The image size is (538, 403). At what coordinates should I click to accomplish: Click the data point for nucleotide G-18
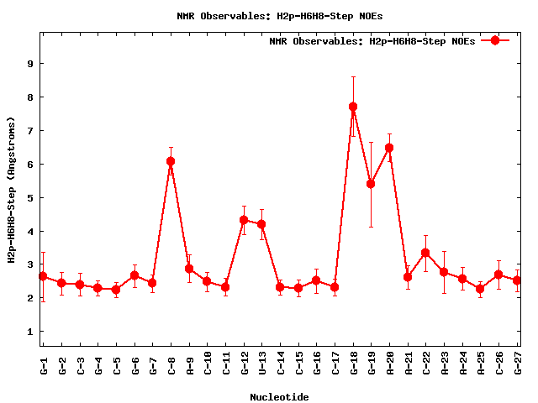point(353,107)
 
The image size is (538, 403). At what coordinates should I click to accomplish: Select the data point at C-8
point(171,161)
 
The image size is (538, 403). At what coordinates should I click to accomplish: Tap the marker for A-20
point(389,148)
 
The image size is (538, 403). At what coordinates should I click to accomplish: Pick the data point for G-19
point(371,184)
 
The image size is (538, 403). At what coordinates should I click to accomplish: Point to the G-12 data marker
point(244,220)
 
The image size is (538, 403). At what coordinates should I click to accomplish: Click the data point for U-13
point(261,224)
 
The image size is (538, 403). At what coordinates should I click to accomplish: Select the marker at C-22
point(425,253)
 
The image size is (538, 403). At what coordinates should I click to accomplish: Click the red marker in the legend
point(495,40)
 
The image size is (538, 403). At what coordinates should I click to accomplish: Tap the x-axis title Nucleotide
point(279,396)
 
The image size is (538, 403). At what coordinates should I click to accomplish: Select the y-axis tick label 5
point(29,197)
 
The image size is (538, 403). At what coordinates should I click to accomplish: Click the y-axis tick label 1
point(29,332)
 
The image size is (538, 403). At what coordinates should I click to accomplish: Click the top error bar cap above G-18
point(353,76)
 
